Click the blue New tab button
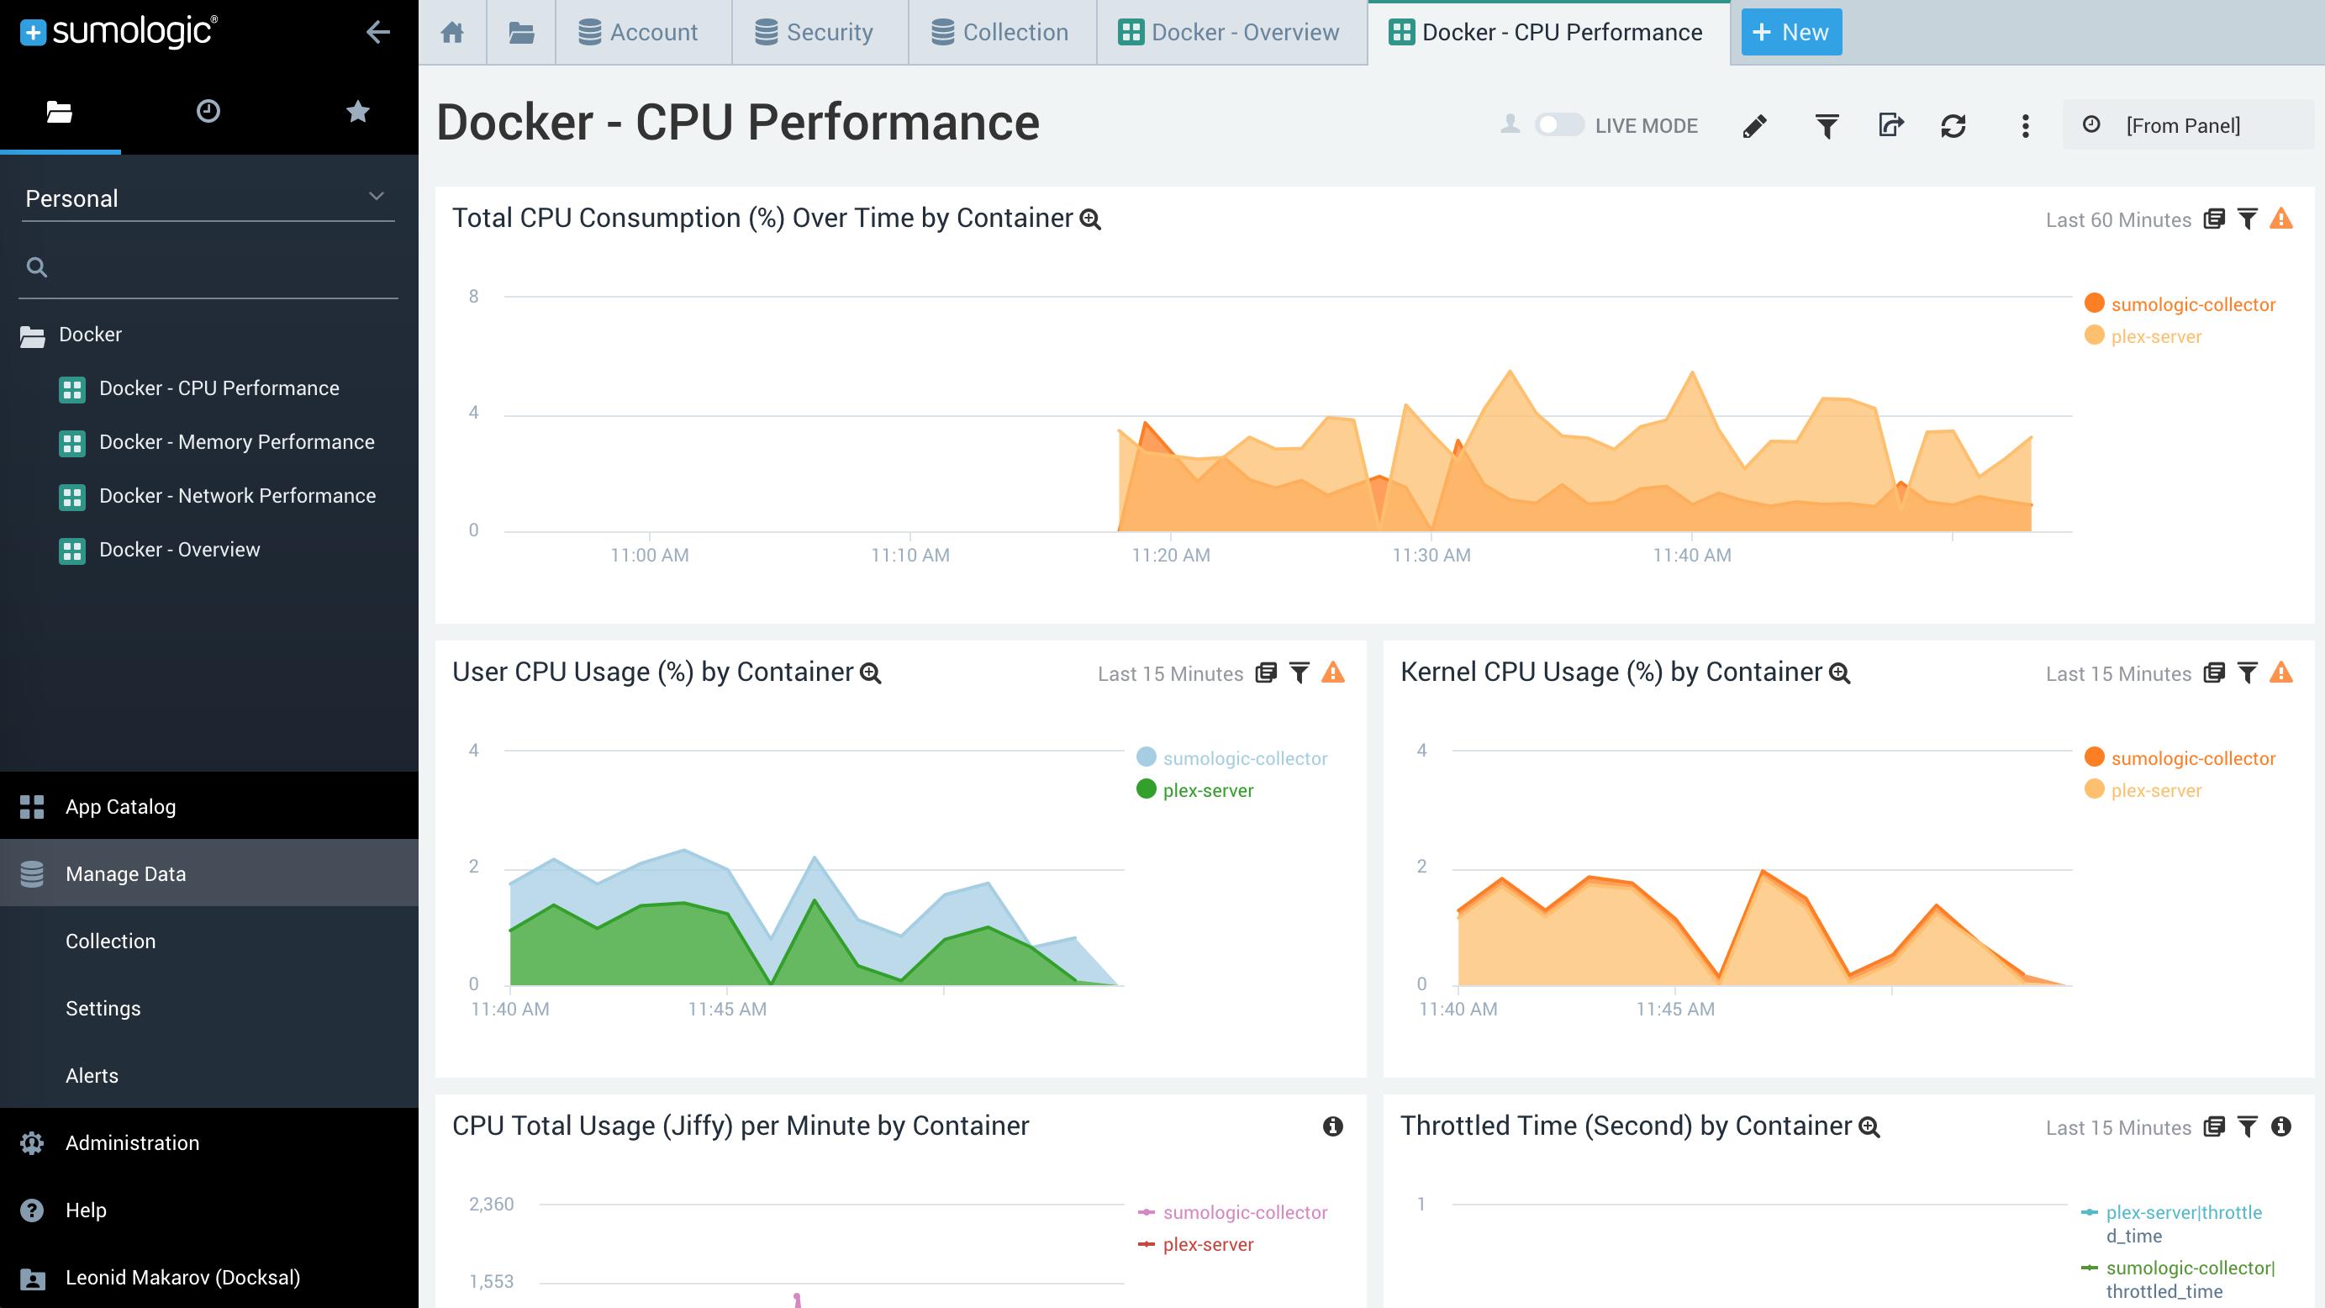coord(1790,33)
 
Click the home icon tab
coord(452,33)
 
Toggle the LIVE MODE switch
coord(1558,125)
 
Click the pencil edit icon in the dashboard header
coord(1754,125)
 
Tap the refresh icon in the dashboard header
coord(1953,125)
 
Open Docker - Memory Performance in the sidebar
coord(236,442)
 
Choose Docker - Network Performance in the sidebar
coord(237,496)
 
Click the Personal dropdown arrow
coord(377,197)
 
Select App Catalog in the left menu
coord(120,807)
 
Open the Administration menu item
coord(132,1142)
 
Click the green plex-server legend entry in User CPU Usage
coord(1207,791)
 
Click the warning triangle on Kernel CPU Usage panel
coord(2280,672)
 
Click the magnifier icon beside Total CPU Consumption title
coord(1090,219)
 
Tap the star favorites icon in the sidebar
coord(357,112)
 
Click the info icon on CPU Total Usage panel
coord(1332,1126)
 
